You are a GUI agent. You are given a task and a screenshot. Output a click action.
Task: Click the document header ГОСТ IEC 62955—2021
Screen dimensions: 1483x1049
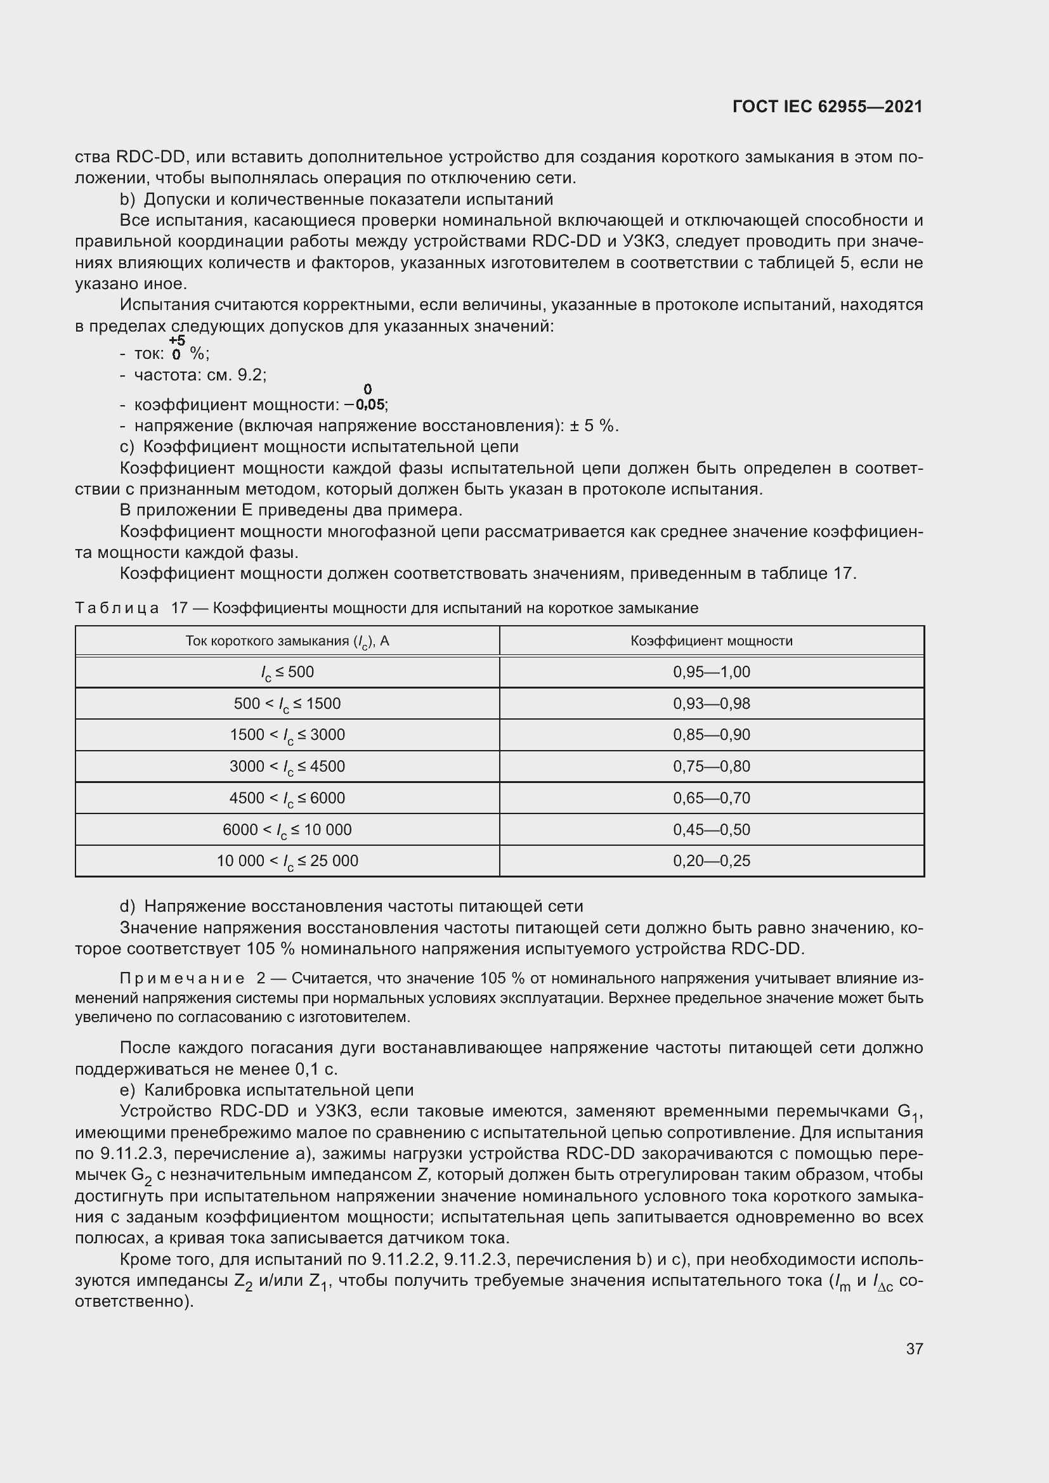pos(828,107)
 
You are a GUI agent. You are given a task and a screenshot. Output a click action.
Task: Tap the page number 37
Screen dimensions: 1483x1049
pos(914,1349)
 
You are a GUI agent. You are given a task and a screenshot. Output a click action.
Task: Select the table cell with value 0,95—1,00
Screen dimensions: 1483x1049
pos(711,671)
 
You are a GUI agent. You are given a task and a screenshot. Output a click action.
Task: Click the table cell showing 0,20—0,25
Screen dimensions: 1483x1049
pos(711,860)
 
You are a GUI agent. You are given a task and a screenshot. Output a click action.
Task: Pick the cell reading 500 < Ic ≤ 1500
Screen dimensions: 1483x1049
pos(287,703)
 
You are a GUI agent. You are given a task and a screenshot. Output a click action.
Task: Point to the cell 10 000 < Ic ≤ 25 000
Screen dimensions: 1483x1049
pos(287,861)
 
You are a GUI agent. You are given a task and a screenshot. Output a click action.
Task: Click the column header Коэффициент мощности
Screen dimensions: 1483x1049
pos(711,641)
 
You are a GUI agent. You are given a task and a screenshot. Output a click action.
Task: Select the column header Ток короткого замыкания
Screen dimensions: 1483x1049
pos(287,641)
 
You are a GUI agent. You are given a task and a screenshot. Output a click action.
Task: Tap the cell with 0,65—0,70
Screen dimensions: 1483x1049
pos(711,798)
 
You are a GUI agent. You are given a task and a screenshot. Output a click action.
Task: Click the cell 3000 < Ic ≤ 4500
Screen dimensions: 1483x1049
pos(287,767)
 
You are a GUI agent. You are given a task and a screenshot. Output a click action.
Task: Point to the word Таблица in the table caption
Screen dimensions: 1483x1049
pos(117,608)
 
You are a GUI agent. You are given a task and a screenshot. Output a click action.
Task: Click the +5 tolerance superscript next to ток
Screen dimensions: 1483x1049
pos(176,340)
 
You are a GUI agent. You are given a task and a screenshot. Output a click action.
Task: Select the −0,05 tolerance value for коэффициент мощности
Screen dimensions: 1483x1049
pos(365,405)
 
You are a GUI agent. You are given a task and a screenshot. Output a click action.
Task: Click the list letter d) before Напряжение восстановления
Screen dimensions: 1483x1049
pos(127,906)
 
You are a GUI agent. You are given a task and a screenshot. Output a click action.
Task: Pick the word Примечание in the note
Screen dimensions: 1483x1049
pos(182,978)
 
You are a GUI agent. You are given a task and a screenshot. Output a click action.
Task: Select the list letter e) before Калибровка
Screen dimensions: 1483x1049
pos(127,1091)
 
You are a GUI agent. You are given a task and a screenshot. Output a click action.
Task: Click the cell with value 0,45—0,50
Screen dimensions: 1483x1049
pos(711,829)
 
